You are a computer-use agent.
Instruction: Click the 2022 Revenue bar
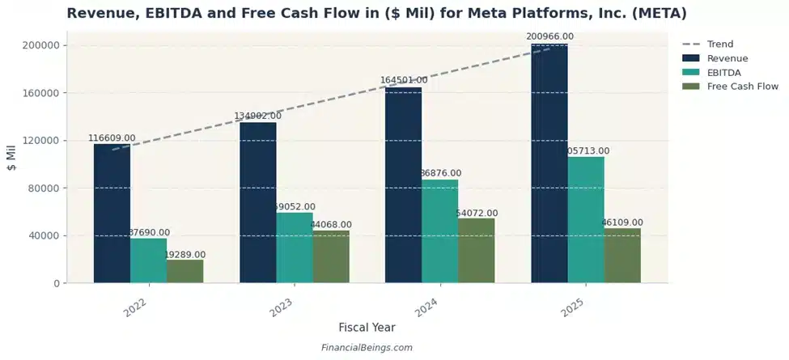[112, 214]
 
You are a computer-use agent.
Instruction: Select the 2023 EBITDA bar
[295, 248]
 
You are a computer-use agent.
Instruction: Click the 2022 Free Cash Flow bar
[185, 271]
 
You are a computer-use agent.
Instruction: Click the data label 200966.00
[549, 36]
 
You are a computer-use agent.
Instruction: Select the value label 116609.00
[112, 138]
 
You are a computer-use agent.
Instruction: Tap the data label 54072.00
[477, 214]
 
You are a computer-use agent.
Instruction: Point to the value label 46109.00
[621, 222]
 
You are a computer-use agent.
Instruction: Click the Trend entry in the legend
[719, 44]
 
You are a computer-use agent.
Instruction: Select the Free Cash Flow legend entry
[742, 86]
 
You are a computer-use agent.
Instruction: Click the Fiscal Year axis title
[367, 328]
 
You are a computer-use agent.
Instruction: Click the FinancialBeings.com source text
[367, 348]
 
